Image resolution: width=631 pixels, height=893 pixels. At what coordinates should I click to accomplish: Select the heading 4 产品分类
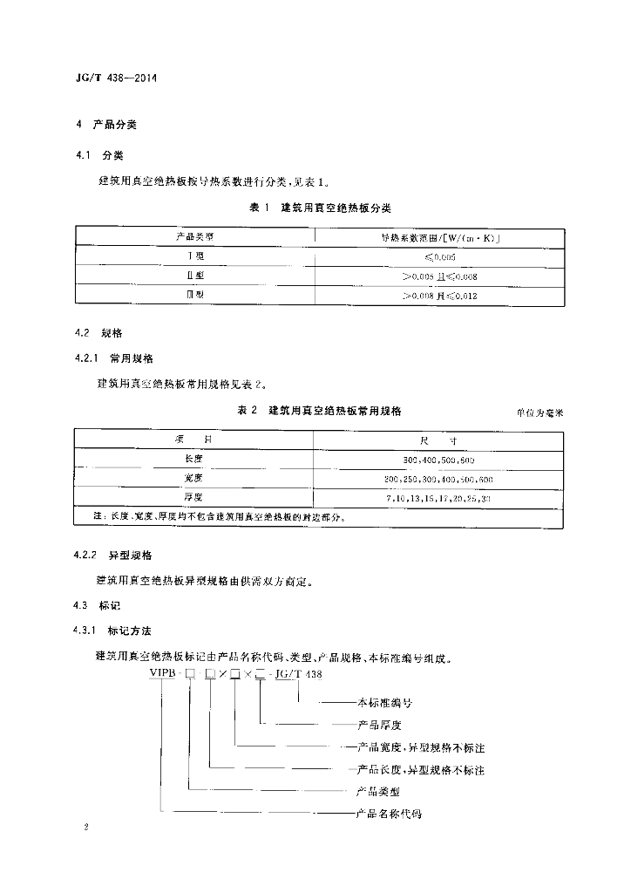(105, 125)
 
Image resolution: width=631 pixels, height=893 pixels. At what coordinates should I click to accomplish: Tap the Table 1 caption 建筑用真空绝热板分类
(320, 208)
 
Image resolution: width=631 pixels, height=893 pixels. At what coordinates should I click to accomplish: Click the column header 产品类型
(194, 236)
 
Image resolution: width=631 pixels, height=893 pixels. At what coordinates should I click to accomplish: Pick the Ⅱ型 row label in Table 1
(194, 276)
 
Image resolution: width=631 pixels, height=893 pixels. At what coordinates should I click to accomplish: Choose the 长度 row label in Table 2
(193, 459)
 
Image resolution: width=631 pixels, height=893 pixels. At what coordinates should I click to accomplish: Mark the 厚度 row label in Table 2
(193, 498)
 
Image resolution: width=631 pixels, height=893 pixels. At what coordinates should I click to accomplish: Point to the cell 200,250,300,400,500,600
(438, 479)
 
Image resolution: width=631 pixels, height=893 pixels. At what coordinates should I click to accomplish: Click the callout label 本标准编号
(385, 701)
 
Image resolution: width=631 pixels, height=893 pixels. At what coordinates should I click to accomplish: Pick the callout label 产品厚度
(378, 724)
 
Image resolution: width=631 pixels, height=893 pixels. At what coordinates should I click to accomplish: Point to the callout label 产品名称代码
(390, 814)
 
